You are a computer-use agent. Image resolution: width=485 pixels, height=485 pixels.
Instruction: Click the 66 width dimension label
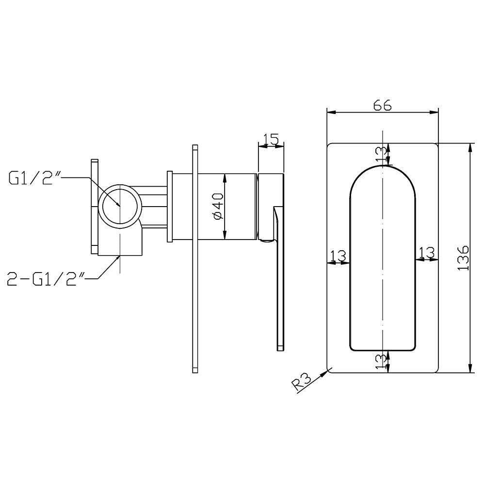pos(382,105)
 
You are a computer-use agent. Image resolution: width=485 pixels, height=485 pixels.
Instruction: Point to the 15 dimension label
pos(270,140)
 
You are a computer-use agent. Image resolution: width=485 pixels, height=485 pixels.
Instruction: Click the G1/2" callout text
pos(33,179)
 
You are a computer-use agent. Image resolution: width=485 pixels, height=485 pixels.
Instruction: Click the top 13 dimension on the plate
pos(382,154)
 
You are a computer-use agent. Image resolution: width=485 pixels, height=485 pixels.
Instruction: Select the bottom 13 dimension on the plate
pos(382,361)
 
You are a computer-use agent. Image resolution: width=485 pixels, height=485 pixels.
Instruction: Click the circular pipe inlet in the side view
pos(120,205)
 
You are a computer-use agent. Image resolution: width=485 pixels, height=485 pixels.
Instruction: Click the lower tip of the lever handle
pos(280,347)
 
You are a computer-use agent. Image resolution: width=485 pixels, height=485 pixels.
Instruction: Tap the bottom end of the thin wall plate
pos(195,371)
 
